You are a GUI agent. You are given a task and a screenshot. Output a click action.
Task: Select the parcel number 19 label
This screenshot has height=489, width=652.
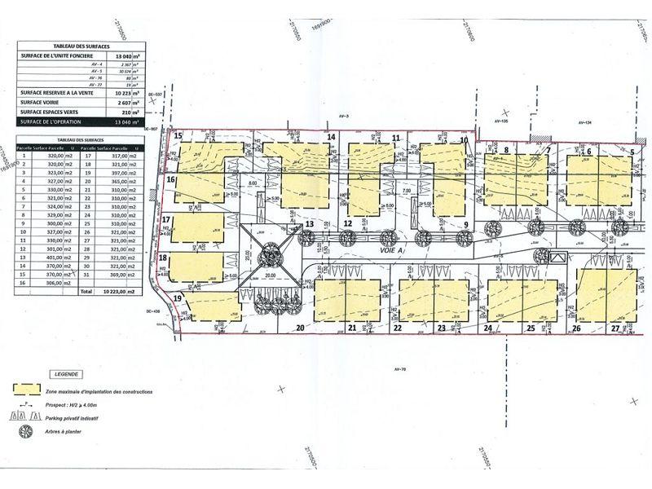coord(178,297)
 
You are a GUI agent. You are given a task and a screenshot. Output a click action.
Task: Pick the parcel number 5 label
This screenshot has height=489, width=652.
coord(631,151)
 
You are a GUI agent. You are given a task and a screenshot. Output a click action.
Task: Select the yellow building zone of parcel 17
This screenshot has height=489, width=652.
coord(200,226)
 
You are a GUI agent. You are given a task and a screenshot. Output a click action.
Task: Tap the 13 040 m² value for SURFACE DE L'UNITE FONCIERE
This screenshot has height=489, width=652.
coord(125,55)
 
